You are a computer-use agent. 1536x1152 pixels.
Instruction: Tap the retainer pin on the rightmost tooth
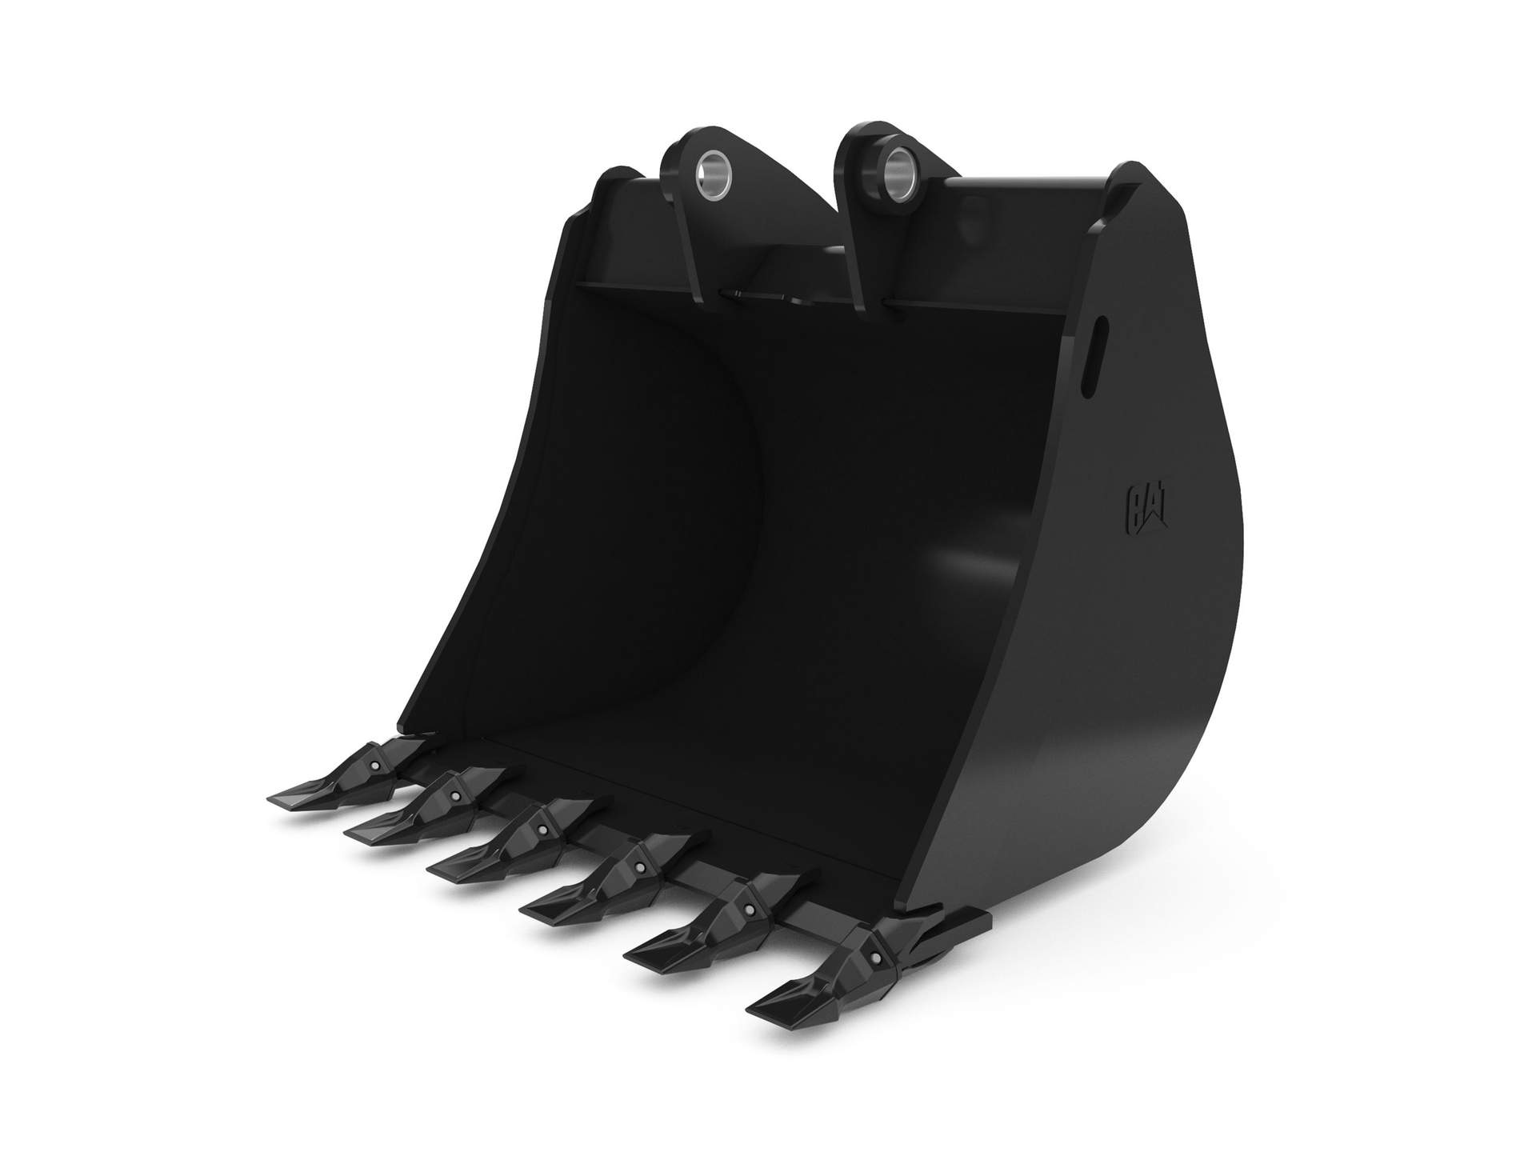877,958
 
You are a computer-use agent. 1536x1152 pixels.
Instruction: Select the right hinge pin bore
894,168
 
